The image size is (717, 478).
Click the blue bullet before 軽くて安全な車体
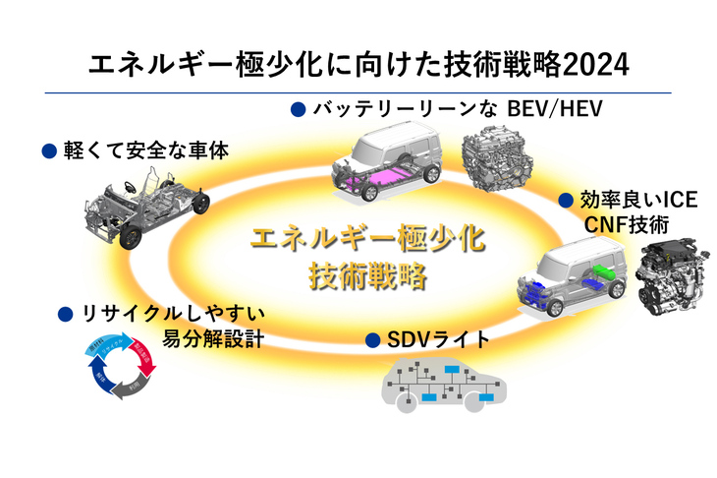47,151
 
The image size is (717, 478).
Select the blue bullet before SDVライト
372,340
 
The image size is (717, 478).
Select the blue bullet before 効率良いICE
565,200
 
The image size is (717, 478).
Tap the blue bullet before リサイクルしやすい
65,315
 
